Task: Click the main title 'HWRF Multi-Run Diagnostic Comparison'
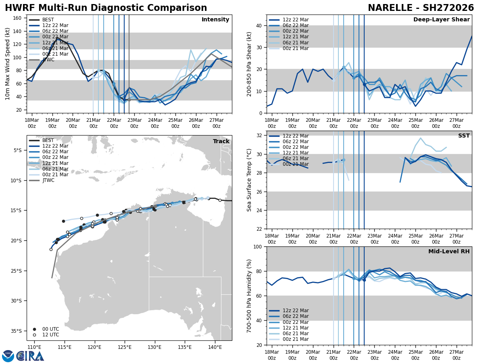[x=106, y=8]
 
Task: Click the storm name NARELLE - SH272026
[x=421, y=8]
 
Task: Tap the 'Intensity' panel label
[x=215, y=20]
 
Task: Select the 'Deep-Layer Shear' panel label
[x=441, y=20]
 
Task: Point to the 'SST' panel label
[x=464, y=136]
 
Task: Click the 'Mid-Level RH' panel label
[x=449, y=252]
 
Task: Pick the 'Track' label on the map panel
[x=221, y=142]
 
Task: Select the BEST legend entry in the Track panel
[x=48, y=140]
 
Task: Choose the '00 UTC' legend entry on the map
[x=50, y=329]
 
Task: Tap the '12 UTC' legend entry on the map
[x=50, y=335]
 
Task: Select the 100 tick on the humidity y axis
[x=259, y=247]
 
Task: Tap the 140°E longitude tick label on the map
[x=215, y=347]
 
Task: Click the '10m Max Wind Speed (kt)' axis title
[x=8, y=64]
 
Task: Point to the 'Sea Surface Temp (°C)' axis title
[x=249, y=180]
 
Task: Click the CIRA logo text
[x=30, y=356]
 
